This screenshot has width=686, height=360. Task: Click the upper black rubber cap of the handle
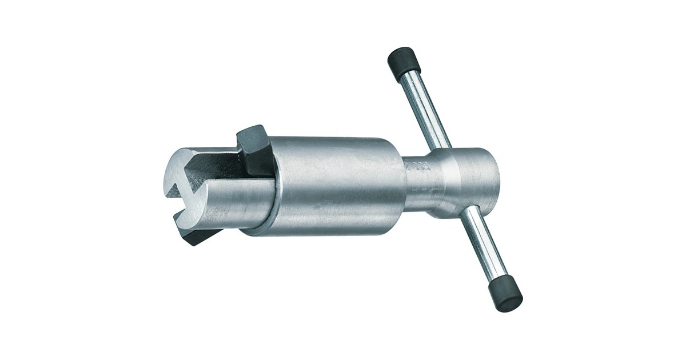point(404,62)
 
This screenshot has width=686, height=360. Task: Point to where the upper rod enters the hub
point(443,147)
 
